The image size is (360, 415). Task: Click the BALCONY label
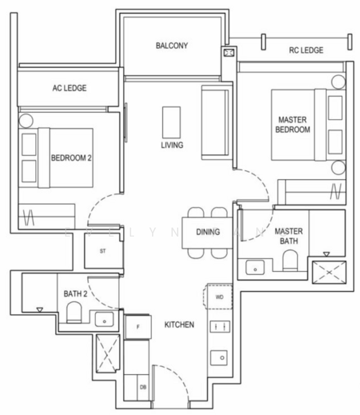tap(172, 46)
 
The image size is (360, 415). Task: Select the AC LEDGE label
tap(69, 89)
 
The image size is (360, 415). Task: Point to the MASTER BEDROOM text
tap(292, 124)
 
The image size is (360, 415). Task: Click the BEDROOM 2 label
tap(71, 158)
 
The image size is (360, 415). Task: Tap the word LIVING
tap(171, 145)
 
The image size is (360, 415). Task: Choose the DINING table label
tap(207, 232)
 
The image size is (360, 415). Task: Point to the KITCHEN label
tap(179, 324)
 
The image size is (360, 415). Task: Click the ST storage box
tap(102, 250)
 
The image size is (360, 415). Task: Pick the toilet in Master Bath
tap(290, 262)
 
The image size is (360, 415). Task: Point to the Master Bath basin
tap(254, 266)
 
